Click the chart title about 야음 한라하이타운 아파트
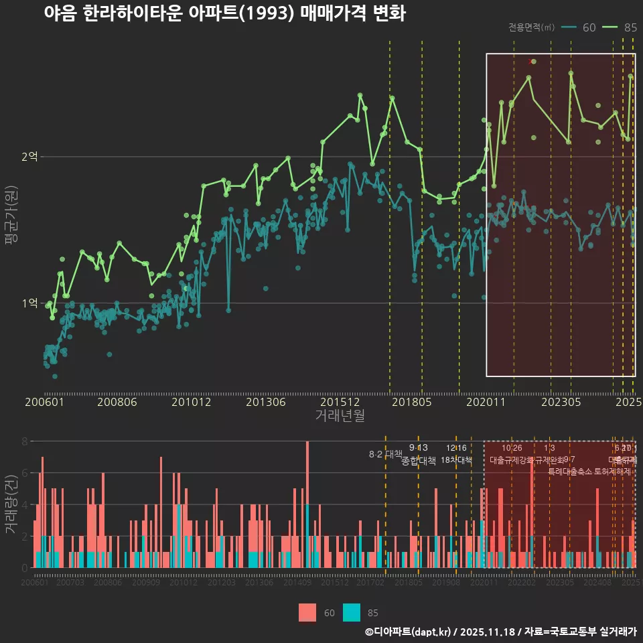[224, 13]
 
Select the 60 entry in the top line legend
[589, 27]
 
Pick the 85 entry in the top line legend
[630, 27]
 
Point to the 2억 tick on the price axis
[30, 157]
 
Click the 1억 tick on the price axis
[30, 303]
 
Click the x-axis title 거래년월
[340, 416]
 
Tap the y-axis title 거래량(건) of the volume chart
[11, 504]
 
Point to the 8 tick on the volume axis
[24, 441]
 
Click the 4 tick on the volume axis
[24, 504]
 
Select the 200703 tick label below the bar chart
[70, 583]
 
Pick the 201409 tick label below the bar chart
[297, 583]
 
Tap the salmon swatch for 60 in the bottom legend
[307, 612]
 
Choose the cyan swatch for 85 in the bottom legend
[351, 612]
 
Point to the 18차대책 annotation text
[457, 460]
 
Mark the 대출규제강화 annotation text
[511, 460]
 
